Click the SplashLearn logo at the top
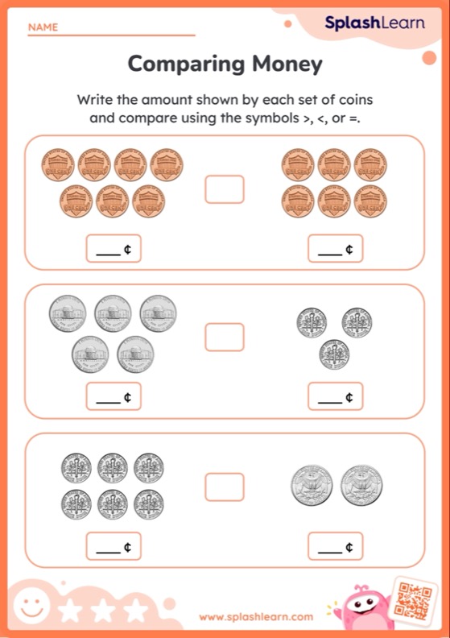374,23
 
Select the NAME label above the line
43,27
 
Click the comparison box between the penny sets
225,189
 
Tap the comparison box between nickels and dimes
225,337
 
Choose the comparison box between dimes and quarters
225,486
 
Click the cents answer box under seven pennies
114,249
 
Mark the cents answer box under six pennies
335,249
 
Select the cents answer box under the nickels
114,396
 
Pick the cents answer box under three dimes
335,396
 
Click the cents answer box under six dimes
114,546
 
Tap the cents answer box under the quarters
335,546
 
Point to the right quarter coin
361,485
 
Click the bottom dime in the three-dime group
334,354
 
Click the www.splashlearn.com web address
256,617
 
